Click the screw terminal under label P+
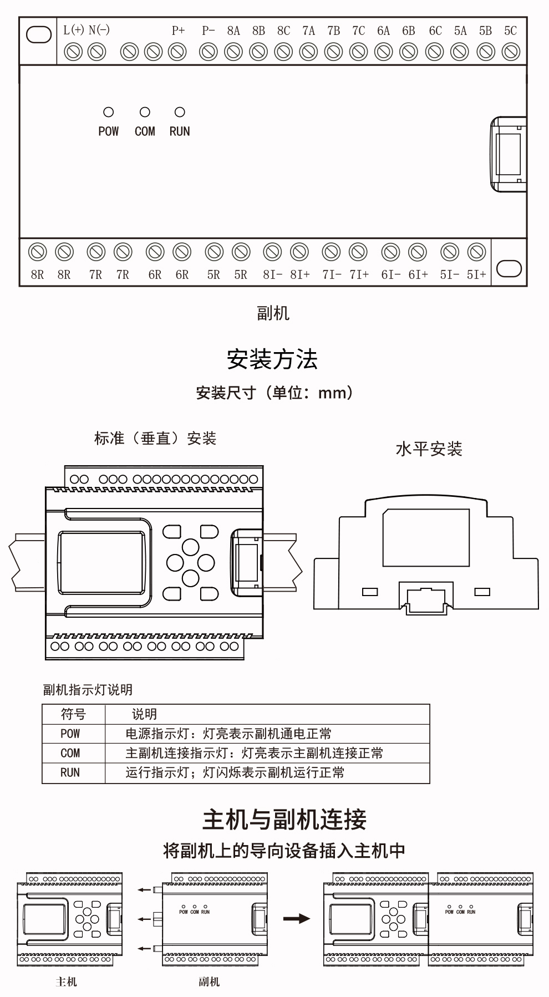pos(177,52)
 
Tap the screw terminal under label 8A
pos(233,52)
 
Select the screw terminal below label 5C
pos(511,52)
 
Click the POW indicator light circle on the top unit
pos(109,113)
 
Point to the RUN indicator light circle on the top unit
pos(180,113)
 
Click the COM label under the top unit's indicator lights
pos(145,131)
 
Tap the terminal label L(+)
pos(74,30)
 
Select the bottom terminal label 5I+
pos(476,274)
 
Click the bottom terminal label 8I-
pos(272,274)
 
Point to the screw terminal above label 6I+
pos(418,252)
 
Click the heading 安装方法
pos(272,359)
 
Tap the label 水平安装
pos(429,449)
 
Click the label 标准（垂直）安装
pos(155,439)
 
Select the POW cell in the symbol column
pos(70,734)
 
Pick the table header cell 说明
pos(144,714)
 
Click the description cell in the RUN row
pos(235,772)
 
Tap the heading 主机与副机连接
pos(284,820)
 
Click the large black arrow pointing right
pos(297,919)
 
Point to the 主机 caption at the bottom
pos(66,982)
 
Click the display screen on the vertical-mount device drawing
pos(101,562)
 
